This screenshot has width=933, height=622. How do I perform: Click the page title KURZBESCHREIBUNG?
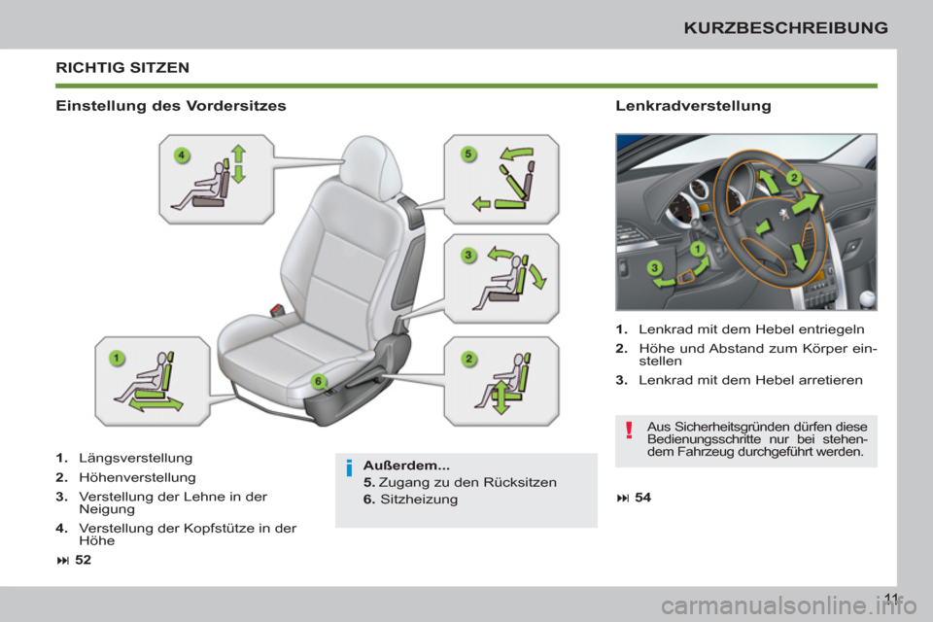(800, 27)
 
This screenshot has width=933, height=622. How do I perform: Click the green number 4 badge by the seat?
(181, 155)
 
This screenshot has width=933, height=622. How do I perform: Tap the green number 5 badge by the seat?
(466, 154)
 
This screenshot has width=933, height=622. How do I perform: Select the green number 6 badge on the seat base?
(316, 380)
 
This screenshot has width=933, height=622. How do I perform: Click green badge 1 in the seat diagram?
(116, 358)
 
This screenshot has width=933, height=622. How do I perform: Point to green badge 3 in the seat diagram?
(467, 255)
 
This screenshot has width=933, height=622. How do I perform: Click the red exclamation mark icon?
(630, 430)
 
